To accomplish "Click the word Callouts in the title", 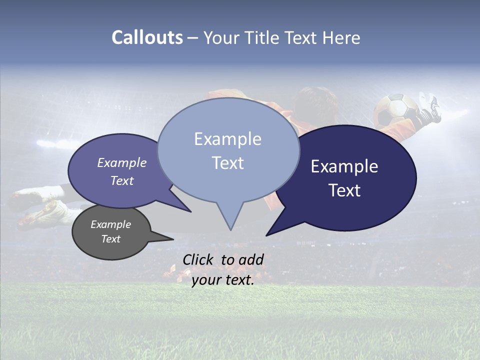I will tap(147, 38).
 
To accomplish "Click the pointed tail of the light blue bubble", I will tap(230, 222).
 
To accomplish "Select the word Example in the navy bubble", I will tap(344, 166).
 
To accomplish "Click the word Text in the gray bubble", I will tap(111, 239).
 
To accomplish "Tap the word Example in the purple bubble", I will tap(122, 163).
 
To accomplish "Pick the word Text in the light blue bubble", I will tap(228, 163).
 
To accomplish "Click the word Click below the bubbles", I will tap(198, 259).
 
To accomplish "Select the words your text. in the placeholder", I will tap(223, 280).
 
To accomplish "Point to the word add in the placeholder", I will tap(251, 259).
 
